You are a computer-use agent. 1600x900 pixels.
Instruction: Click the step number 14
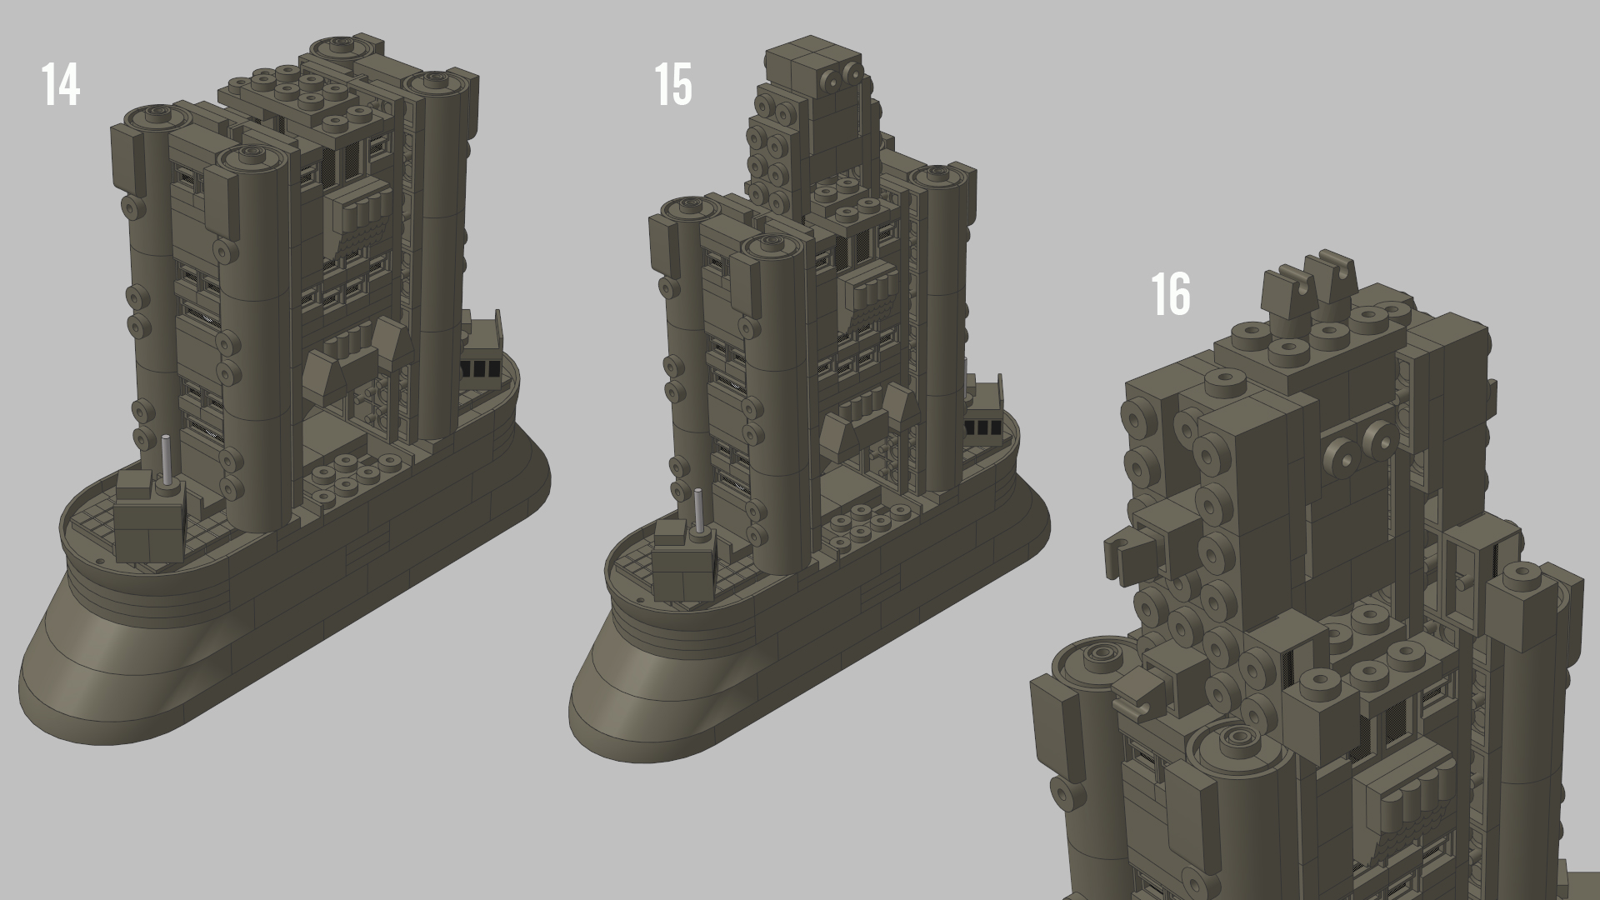(61, 84)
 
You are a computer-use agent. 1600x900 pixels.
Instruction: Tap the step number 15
(673, 84)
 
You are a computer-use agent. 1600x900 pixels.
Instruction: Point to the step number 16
(1171, 294)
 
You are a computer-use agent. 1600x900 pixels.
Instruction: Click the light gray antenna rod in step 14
(167, 460)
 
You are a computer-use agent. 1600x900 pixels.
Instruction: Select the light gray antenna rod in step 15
(699, 510)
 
